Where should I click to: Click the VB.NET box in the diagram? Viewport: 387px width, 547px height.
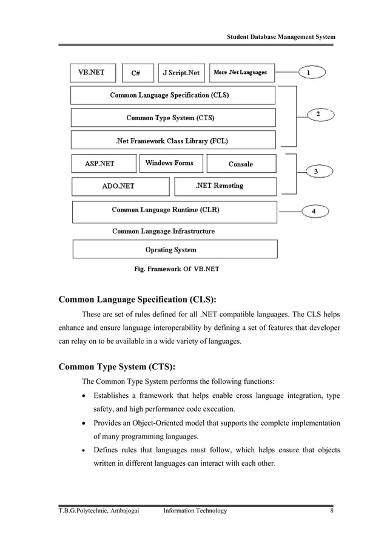pyautogui.click(x=92, y=73)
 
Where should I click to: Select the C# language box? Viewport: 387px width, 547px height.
pyautogui.click(x=136, y=73)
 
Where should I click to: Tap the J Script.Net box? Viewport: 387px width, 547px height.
pyautogui.click(x=181, y=73)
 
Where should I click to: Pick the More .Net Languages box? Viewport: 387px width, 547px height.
pyautogui.click(x=240, y=73)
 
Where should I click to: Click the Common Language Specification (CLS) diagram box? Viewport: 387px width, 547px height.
pyautogui.click(x=172, y=95)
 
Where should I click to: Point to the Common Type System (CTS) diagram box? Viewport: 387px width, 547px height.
pyautogui.click(x=172, y=118)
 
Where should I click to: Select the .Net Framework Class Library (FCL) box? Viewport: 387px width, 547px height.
pyautogui.click(x=172, y=141)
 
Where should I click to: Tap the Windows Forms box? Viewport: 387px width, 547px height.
pyautogui.click(x=170, y=163)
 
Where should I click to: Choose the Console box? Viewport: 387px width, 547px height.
pyautogui.click(x=241, y=164)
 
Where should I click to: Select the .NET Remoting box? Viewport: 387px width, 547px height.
pyautogui.click(x=224, y=186)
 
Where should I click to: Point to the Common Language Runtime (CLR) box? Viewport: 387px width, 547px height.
pyautogui.click(x=174, y=211)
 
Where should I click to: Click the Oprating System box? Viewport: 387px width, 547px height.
pyautogui.click(x=175, y=249)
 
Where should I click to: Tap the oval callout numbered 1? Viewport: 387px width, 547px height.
pyautogui.click(x=312, y=73)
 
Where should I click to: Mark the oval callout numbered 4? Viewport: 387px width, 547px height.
pyautogui.click(x=314, y=211)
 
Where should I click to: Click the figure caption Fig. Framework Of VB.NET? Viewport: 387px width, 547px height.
pyautogui.click(x=172, y=269)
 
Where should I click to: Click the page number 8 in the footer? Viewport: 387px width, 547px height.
pyautogui.click(x=332, y=511)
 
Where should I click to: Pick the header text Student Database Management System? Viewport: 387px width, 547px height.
pyautogui.click(x=281, y=37)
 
